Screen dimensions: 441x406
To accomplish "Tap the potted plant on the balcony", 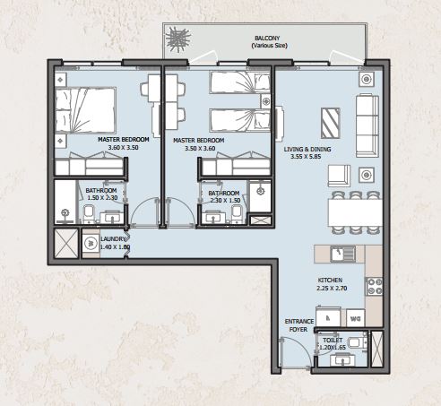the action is (x=178, y=39).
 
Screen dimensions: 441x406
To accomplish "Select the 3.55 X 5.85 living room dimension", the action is (x=306, y=156).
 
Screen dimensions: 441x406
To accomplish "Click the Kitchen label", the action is (x=330, y=281).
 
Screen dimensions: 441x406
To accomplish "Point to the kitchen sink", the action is (x=343, y=254).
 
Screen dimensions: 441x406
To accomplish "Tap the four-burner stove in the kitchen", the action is (x=374, y=286).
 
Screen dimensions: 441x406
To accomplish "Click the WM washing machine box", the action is (x=356, y=318).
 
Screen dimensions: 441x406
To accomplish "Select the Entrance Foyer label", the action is (x=299, y=325).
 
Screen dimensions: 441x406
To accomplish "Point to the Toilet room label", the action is (x=333, y=341).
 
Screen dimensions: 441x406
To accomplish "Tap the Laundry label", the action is (x=113, y=239).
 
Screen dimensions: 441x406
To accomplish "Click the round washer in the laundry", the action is (x=91, y=243).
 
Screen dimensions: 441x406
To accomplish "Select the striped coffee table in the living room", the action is (x=331, y=123).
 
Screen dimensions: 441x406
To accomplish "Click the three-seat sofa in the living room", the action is (x=367, y=125).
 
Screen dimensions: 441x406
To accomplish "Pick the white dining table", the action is (x=355, y=212).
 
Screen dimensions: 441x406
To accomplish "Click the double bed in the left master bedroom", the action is (x=85, y=110).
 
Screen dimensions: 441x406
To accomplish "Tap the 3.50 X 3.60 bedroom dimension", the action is (x=200, y=149).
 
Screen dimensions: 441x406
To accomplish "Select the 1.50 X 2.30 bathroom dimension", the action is (x=102, y=197).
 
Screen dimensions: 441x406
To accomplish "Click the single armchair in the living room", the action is (x=339, y=176).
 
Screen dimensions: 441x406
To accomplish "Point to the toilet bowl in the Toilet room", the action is (x=358, y=342).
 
